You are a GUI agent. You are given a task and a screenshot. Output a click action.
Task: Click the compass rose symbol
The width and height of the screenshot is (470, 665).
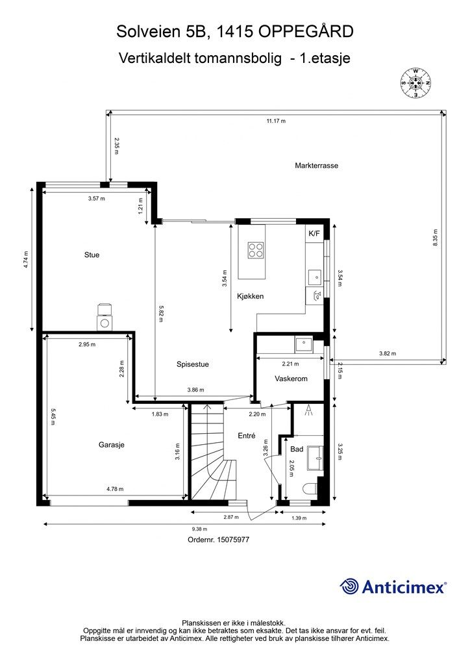click(x=415, y=82)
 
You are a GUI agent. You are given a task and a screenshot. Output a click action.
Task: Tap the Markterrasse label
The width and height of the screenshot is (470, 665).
click(x=316, y=166)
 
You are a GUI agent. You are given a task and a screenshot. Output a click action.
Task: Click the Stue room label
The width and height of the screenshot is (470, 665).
click(x=92, y=255)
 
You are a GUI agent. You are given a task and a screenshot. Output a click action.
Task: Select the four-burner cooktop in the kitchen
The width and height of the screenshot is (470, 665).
click(x=256, y=249)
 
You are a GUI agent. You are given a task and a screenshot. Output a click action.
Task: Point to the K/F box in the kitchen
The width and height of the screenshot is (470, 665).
click(x=314, y=233)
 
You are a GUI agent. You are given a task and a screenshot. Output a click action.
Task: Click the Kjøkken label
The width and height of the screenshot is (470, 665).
click(x=250, y=296)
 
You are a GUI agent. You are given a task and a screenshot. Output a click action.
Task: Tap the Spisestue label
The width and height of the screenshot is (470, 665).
click(x=192, y=364)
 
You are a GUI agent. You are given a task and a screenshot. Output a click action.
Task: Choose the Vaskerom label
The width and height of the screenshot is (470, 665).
click(x=291, y=379)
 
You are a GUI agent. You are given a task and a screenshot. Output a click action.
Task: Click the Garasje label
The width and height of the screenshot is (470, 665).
click(x=112, y=445)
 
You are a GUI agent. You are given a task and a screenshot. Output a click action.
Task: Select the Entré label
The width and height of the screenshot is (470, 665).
click(x=247, y=436)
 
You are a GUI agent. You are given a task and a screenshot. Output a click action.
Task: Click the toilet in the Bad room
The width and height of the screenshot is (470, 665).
click(x=311, y=489)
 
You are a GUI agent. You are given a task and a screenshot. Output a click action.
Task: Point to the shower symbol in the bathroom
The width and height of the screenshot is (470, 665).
click(x=308, y=410)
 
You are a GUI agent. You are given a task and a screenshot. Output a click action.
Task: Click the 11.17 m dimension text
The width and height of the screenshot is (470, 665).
click(x=276, y=121)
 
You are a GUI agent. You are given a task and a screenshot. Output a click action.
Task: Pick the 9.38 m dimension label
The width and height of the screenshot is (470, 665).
click(x=199, y=529)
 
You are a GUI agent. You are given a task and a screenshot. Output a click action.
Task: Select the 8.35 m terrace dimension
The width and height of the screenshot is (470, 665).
click(x=435, y=238)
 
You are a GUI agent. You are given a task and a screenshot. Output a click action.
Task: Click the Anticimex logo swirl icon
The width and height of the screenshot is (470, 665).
click(x=349, y=586)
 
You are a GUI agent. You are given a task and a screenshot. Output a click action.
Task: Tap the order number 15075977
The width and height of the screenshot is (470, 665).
click(x=233, y=540)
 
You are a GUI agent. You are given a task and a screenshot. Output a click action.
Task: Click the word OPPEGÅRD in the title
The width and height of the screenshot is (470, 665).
click(x=306, y=31)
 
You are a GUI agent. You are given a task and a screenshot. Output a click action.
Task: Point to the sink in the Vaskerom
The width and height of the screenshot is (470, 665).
click(x=304, y=344)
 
